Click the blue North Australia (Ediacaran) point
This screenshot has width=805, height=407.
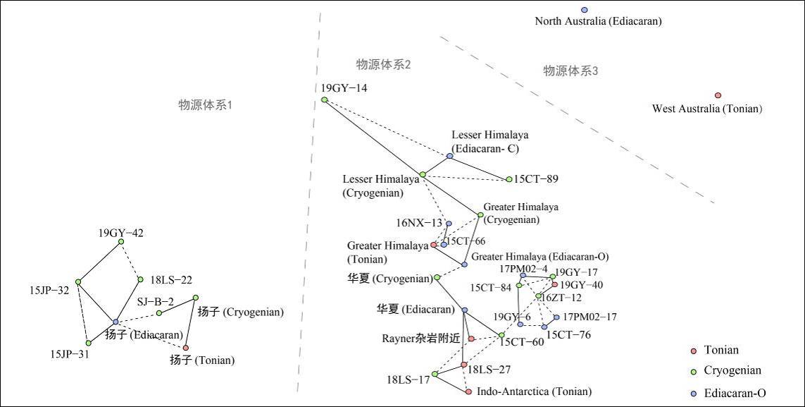click(584, 10)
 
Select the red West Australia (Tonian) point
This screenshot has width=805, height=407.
click(718, 95)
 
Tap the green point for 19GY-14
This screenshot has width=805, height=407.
click(324, 100)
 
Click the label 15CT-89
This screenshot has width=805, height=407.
click(536, 179)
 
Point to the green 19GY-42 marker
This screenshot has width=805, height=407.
click(121, 242)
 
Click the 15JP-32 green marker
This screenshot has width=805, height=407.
click(78, 281)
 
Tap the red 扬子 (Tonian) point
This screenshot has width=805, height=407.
click(186, 348)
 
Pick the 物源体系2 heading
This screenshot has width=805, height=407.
click(383, 65)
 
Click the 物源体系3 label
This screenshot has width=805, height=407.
click(570, 71)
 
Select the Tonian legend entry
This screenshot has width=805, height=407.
click(721, 350)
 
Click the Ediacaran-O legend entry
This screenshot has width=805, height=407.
click(735, 393)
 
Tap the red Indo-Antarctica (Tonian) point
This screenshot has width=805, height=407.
click(468, 391)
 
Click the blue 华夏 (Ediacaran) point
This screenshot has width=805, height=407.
click(464, 310)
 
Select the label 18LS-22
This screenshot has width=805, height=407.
click(172, 279)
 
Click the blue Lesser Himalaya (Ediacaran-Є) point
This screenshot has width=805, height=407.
click(449, 156)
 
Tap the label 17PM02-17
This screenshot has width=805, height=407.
click(590, 317)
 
